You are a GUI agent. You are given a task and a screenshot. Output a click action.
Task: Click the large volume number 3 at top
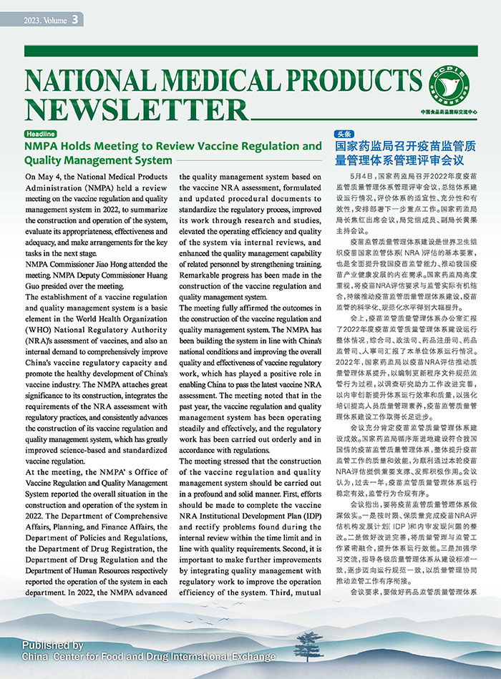[x=75, y=20]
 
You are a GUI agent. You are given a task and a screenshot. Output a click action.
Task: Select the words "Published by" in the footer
[x=52, y=645]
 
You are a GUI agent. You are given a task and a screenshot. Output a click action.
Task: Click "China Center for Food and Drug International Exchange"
[x=148, y=656]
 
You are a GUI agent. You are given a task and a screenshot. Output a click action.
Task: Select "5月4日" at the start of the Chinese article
[x=364, y=175]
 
